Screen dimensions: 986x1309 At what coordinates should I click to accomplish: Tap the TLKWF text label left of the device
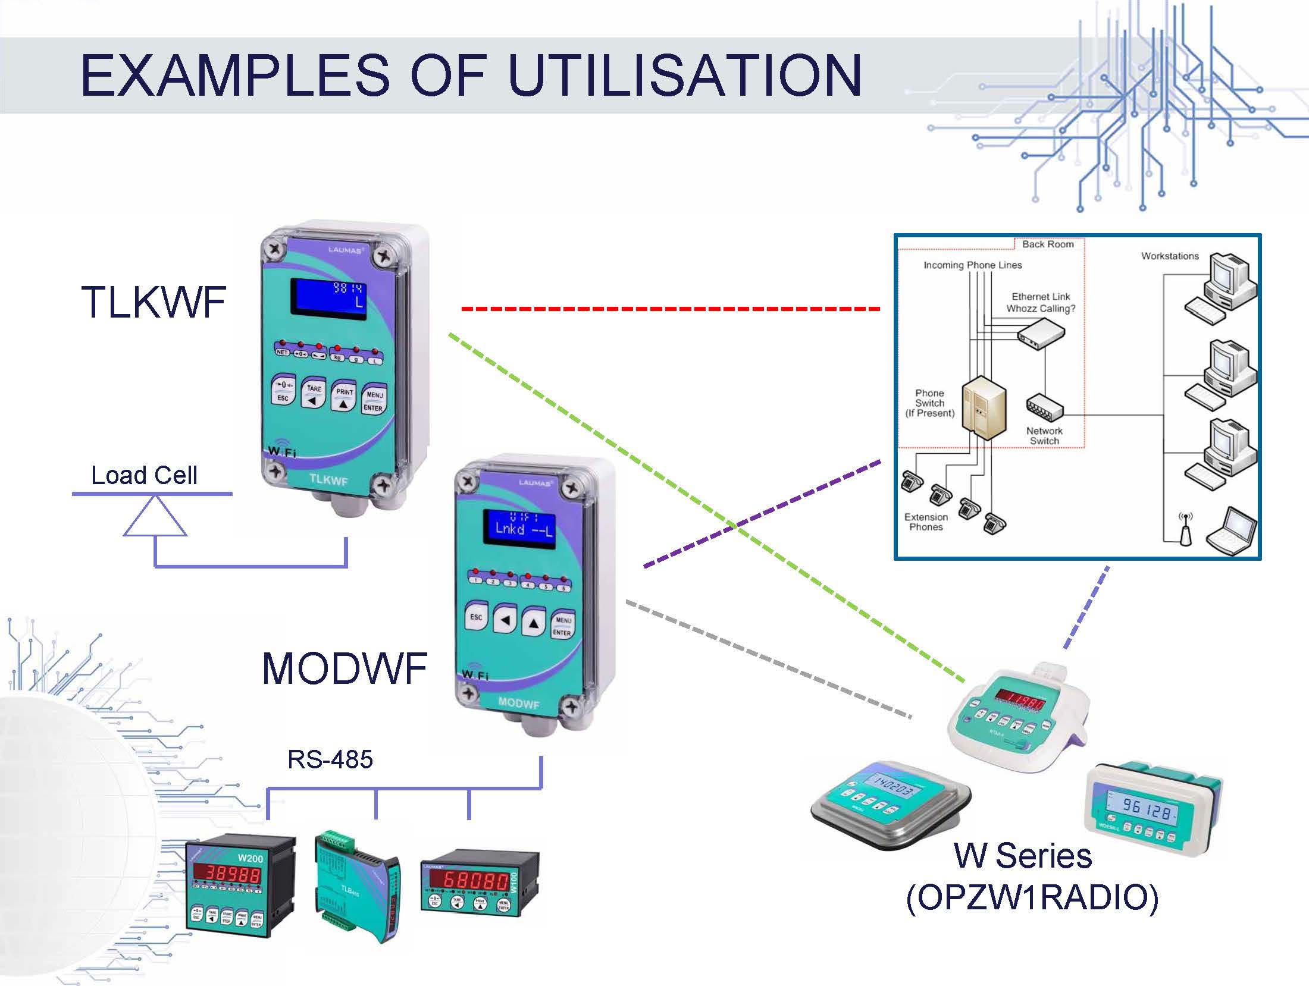pyautogui.click(x=154, y=302)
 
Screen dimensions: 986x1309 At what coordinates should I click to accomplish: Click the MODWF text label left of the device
pyautogui.click(x=345, y=668)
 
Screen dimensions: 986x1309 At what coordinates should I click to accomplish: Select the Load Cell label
pyautogui.click(x=144, y=475)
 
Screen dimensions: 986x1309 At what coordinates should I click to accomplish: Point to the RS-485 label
pyautogui.click(x=330, y=759)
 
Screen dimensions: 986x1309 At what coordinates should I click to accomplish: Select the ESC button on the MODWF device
pyautogui.click(x=476, y=619)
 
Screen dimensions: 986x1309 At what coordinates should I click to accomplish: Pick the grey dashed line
pyautogui.click(x=768, y=660)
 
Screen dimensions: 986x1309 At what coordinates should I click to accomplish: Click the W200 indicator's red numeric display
pyautogui.click(x=227, y=874)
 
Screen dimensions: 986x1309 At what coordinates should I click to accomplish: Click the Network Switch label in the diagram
pyautogui.click(x=1044, y=435)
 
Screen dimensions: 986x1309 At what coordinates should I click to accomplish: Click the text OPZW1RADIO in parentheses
pyautogui.click(x=1032, y=898)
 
